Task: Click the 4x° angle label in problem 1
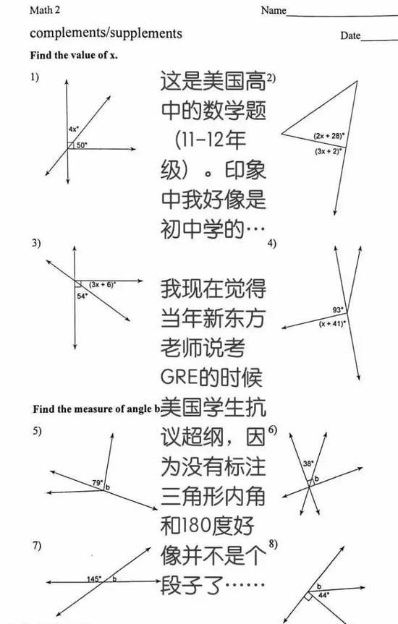point(73,129)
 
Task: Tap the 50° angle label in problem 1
point(82,145)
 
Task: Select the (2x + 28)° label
point(329,136)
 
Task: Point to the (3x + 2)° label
point(329,151)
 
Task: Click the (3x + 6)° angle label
point(102,285)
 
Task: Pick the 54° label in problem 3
point(82,296)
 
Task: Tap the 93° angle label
point(338,309)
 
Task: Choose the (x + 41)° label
point(332,323)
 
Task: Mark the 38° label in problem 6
point(308,463)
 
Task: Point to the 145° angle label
point(94,578)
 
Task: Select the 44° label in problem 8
point(324,595)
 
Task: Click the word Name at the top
point(274,10)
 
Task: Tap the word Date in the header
point(350,36)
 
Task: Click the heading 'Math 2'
point(45,10)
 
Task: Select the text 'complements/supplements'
point(106,33)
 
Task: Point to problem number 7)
point(37,545)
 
